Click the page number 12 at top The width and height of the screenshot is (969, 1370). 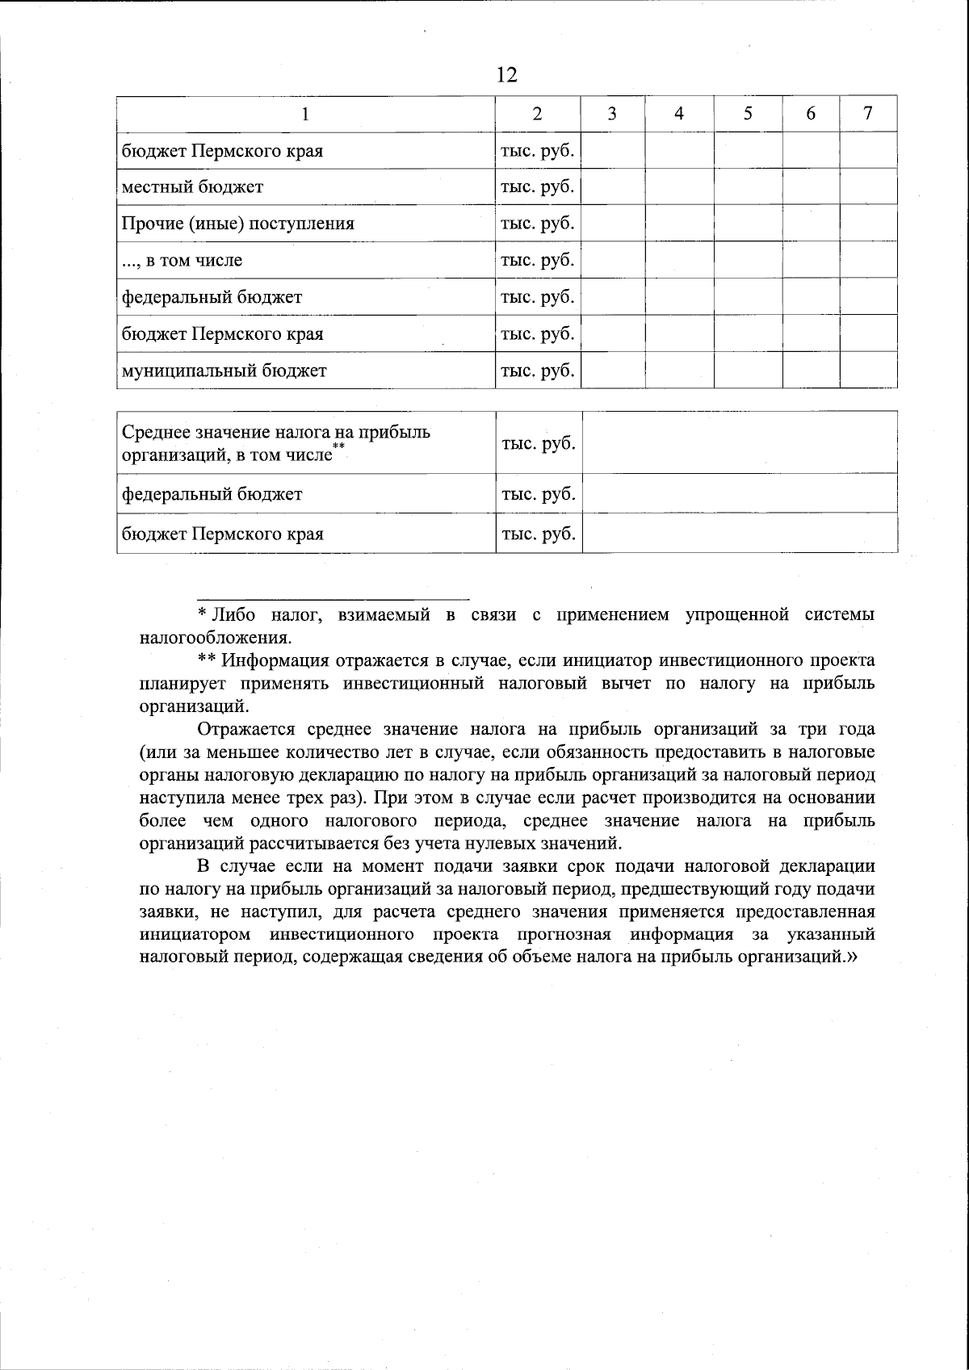[x=506, y=76]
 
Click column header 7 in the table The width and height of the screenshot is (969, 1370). [x=868, y=113]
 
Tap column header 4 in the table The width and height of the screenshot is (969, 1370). [x=679, y=114]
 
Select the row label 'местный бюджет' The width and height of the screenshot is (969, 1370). [x=192, y=187]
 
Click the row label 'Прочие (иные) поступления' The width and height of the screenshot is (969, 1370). [x=237, y=224]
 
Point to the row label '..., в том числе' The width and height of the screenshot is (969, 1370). [x=182, y=261]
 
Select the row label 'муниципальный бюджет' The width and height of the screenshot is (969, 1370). [x=224, y=371]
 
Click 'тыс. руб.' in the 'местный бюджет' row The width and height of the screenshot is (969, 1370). [x=537, y=187]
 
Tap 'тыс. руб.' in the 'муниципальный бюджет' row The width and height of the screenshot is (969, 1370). [x=537, y=371]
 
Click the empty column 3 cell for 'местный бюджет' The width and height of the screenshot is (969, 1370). [x=612, y=187]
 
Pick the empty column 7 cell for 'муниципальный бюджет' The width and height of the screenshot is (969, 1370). [x=868, y=371]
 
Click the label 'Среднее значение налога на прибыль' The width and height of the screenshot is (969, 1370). [x=275, y=432]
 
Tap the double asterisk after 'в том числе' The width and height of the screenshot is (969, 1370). [x=338, y=446]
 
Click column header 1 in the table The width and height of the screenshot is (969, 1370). [x=305, y=114]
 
